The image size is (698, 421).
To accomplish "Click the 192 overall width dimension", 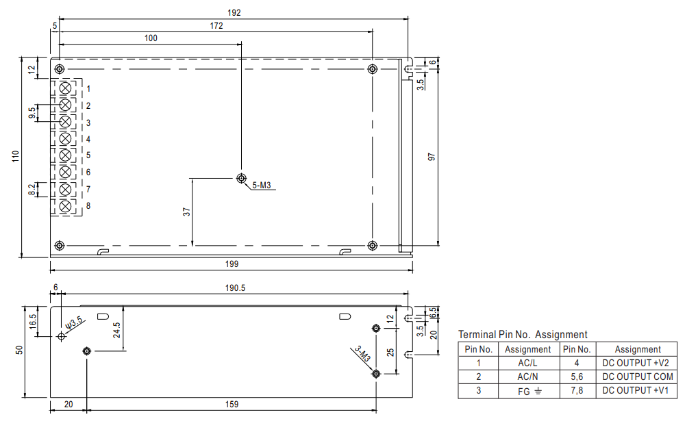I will [234, 12].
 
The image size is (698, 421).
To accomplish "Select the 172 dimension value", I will [216, 25].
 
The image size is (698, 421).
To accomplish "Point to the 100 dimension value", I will [151, 38].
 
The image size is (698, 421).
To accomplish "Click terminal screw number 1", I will [66, 88].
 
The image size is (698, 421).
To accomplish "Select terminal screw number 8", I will [66, 206].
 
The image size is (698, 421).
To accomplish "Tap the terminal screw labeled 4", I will [66, 139].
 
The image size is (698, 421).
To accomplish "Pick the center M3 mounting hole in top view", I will [241, 179].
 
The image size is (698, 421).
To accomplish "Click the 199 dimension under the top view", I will [232, 264].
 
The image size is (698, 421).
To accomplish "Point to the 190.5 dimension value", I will [234, 289].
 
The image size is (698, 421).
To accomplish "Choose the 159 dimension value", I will [232, 405].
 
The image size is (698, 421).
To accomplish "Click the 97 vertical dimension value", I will [432, 157].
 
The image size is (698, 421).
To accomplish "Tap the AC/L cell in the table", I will [527, 363].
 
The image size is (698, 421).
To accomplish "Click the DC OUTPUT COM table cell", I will [638, 377].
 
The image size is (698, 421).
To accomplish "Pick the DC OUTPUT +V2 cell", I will [638, 363].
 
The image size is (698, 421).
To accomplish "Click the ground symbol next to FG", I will [538, 391].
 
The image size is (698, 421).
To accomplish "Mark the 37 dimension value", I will [186, 212].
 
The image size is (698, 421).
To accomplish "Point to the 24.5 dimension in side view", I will [117, 330].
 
